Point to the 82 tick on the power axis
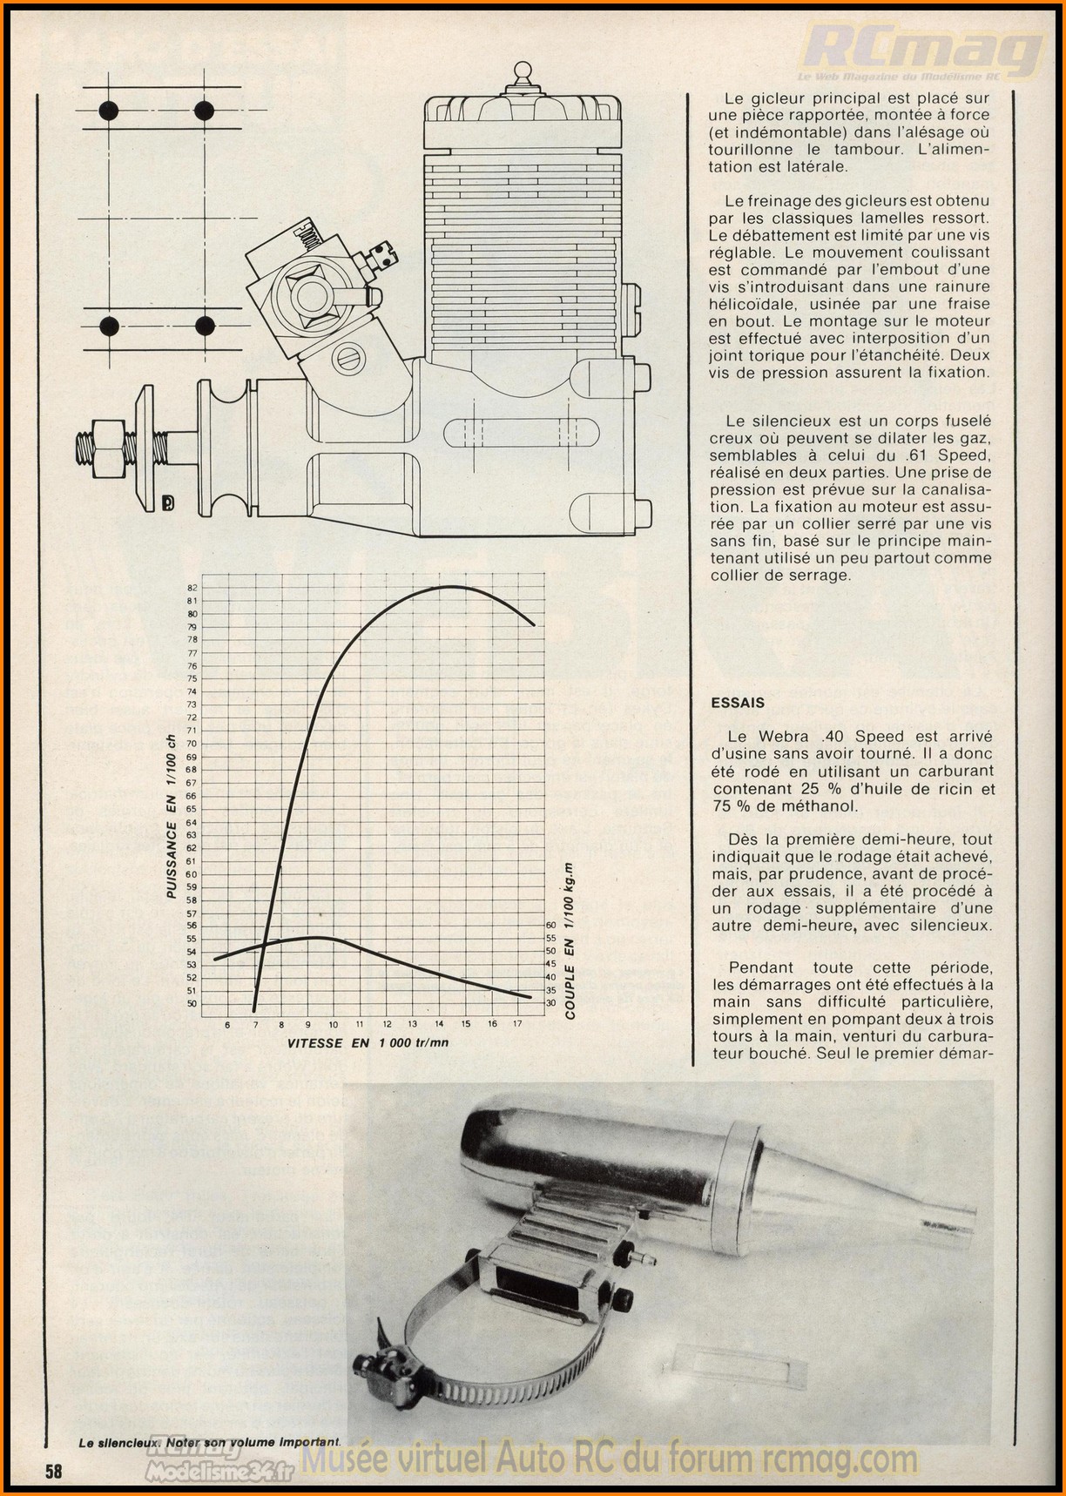pos(192,588)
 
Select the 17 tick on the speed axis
pos(518,1024)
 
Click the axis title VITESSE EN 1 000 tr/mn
pos(368,1042)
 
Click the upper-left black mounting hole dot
pos(108,111)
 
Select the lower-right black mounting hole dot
pos(205,326)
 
